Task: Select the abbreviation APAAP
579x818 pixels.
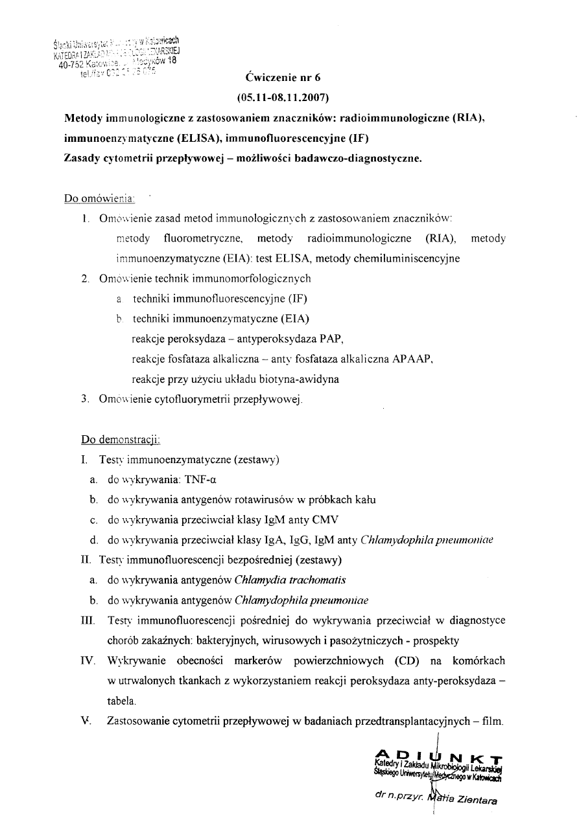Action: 412,358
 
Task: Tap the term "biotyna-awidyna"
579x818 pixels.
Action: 298,379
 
